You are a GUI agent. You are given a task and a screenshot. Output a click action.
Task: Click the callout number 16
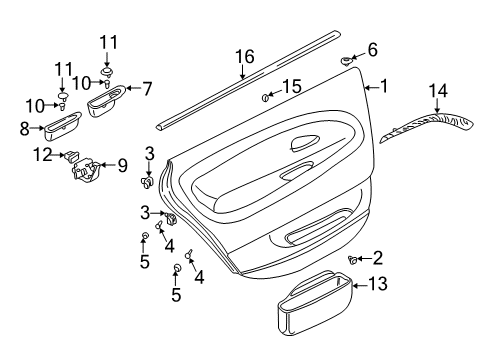point(245,57)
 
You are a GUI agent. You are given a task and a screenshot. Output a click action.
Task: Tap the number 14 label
point(438,91)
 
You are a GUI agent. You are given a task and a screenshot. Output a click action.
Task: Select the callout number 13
point(378,284)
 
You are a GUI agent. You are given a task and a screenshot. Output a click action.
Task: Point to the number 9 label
point(122,166)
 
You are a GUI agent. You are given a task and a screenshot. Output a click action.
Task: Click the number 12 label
point(43,155)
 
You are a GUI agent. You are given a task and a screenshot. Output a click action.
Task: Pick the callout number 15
point(292,86)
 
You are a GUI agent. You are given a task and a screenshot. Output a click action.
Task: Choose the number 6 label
point(372,50)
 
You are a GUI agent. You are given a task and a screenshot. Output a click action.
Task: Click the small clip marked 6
point(346,61)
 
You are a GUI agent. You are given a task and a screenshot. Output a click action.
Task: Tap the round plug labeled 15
point(266,98)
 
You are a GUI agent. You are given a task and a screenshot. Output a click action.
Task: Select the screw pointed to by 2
point(352,259)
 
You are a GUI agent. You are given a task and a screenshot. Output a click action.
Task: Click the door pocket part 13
point(315,302)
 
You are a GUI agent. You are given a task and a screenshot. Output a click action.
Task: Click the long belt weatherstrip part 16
point(248,80)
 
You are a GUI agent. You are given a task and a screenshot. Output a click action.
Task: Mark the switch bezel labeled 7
point(106,100)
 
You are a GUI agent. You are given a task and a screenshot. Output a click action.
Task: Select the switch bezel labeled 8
point(62,125)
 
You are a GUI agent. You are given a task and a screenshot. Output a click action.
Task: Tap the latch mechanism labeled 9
point(86,170)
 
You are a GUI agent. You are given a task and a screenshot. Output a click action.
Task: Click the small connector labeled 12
point(72,155)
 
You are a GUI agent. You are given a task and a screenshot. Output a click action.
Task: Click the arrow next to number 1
point(372,88)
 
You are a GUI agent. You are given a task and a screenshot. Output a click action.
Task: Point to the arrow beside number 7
point(133,89)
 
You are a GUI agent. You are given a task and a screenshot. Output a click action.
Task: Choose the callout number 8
point(25,129)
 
